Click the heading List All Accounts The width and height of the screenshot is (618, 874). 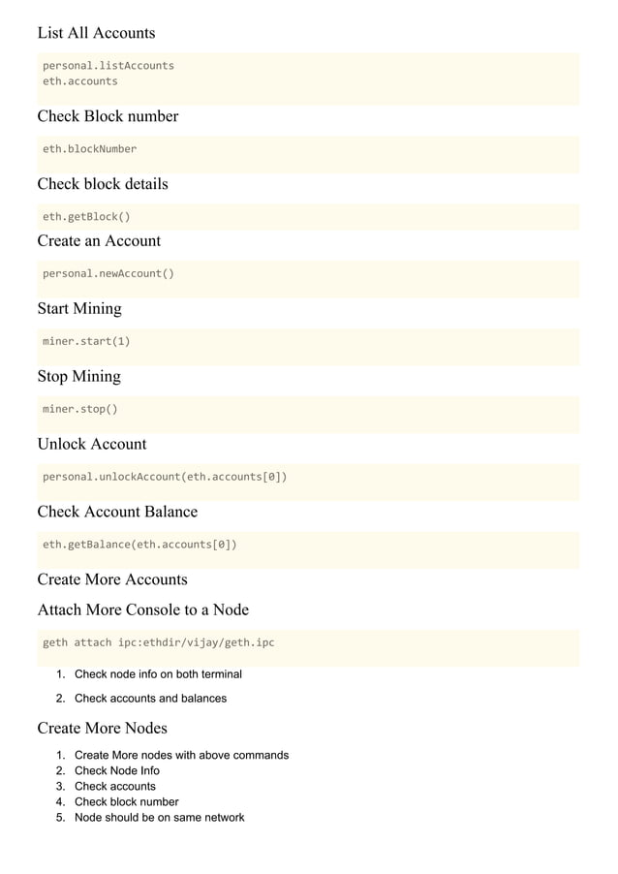pos(96,33)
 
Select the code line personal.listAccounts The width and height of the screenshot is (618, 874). pos(108,66)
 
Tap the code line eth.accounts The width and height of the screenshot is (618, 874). pos(79,81)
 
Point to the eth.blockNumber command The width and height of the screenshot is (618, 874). pos(89,149)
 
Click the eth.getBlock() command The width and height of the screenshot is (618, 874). pos(86,217)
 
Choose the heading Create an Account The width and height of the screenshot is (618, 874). pos(99,240)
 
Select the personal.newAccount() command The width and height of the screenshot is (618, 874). pos(108,273)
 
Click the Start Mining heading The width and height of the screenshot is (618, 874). pos(79,308)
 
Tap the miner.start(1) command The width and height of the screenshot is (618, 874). pos(86,341)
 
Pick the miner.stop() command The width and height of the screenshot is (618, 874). pos(79,409)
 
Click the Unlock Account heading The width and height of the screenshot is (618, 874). pos(92,444)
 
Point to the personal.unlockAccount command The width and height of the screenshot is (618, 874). pos(165,477)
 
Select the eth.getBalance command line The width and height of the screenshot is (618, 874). pos(139,545)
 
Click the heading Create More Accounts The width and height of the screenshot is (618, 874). pos(112,579)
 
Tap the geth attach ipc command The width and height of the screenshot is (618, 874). pos(158,642)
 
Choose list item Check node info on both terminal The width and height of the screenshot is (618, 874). pos(158,674)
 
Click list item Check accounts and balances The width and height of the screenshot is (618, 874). pos(150,699)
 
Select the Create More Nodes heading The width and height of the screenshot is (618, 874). pos(102,728)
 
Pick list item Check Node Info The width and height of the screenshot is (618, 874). pos(117,771)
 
